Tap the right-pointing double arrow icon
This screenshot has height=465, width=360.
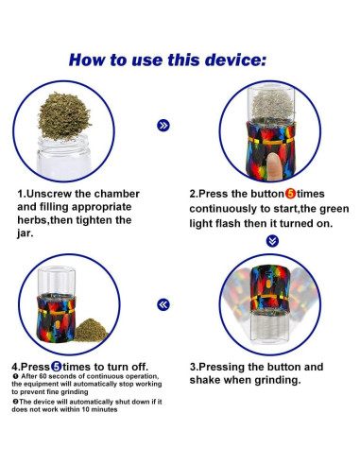(163, 126)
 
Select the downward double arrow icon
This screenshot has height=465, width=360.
(272, 241)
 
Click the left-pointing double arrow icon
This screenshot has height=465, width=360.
(163, 304)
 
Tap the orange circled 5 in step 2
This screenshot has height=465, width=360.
(290, 194)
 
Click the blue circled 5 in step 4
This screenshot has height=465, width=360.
(57, 367)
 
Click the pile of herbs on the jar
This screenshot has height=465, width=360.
(64, 116)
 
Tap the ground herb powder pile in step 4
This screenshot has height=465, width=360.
(91, 330)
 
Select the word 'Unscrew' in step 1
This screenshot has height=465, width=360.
(49, 194)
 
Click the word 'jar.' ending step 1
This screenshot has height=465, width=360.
(26, 233)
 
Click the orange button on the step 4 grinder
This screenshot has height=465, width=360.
(57, 326)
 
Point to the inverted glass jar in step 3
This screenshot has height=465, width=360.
(269, 326)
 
